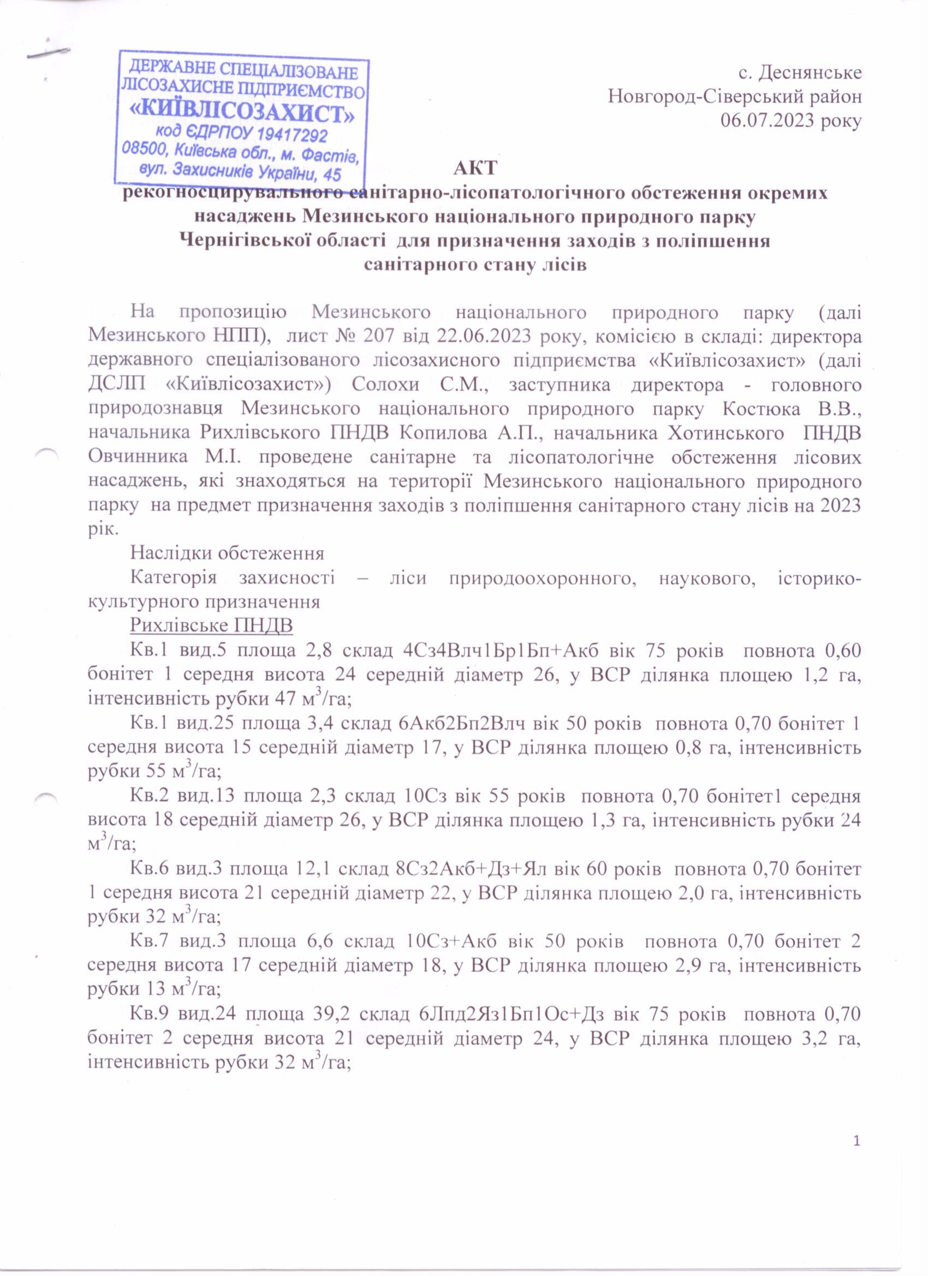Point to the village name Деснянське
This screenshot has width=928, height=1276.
click(811, 73)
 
